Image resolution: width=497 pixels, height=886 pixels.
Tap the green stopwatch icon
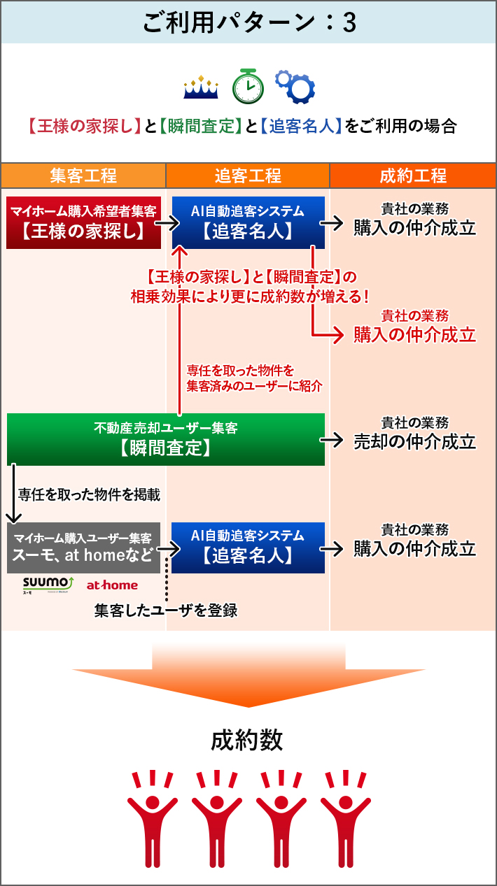click(x=248, y=85)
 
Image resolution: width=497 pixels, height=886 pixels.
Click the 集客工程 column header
click(x=83, y=176)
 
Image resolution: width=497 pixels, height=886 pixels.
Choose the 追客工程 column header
click(x=248, y=176)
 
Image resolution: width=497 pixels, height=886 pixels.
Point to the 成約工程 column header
click(x=413, y=176)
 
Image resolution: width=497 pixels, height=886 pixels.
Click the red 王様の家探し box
click(x=83, y=222)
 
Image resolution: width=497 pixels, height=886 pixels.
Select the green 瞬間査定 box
click(x=166, y=439)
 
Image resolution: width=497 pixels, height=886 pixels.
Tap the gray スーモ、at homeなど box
click(x=83, y=548)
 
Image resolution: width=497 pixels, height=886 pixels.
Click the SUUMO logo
click(x=48, y=585)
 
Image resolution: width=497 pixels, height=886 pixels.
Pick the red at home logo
click(x=112, y=585)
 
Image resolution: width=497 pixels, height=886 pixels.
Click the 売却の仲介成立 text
click(x=415, y=442)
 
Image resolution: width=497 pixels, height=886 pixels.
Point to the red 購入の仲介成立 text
click(x=415, y=335)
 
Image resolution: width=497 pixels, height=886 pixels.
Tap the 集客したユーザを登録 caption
click(x=166, y=610)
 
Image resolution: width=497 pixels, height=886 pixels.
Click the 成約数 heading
click(x=248, y=740)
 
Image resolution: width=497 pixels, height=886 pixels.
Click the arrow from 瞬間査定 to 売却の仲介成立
click(x=333, y=440)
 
